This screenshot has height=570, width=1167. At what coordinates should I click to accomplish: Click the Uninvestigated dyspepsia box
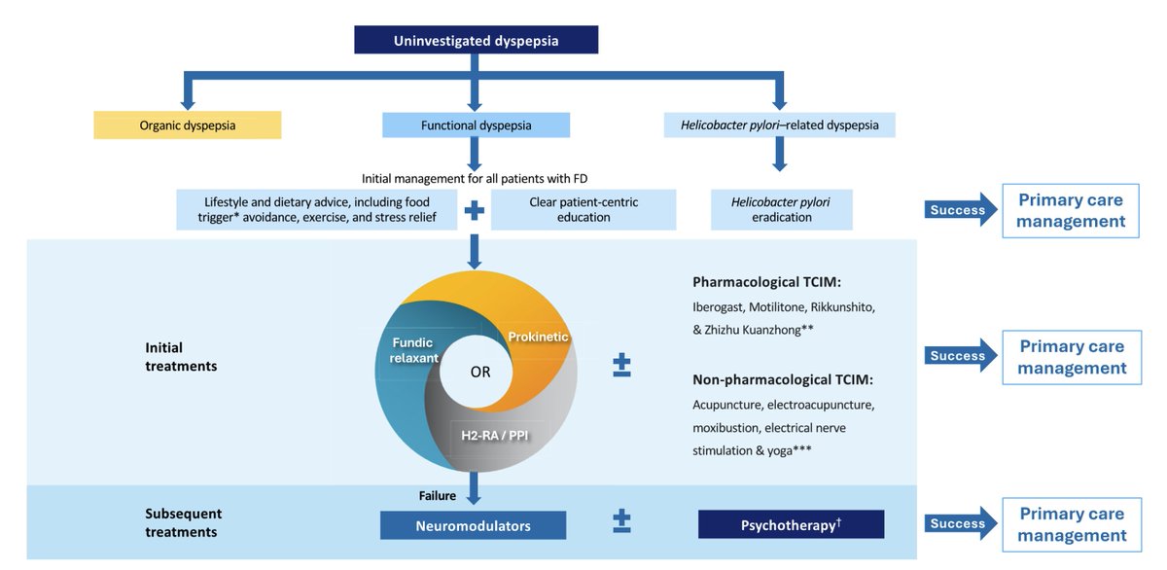(476, 40)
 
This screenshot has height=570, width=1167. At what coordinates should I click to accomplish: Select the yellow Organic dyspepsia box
(187, 125)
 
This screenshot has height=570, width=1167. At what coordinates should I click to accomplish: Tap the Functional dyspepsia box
(476, 125)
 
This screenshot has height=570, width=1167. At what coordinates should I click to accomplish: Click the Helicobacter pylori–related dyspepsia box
(779, 125)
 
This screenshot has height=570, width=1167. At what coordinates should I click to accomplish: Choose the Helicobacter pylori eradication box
(781, 209)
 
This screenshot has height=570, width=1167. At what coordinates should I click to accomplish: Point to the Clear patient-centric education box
(583, 209)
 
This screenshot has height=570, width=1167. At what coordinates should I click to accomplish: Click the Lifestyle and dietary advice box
(317, 209)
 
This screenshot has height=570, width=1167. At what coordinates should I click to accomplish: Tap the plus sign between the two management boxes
(475, 208)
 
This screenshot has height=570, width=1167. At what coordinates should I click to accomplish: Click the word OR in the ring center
(480, 373)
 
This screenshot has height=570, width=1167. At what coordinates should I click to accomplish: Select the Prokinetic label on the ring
(538, 337)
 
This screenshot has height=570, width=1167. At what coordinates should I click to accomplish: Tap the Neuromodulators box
(473, 525)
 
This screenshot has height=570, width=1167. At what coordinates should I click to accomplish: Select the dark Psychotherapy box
(791, 524)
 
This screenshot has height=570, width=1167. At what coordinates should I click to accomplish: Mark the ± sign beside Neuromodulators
(621, 522)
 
